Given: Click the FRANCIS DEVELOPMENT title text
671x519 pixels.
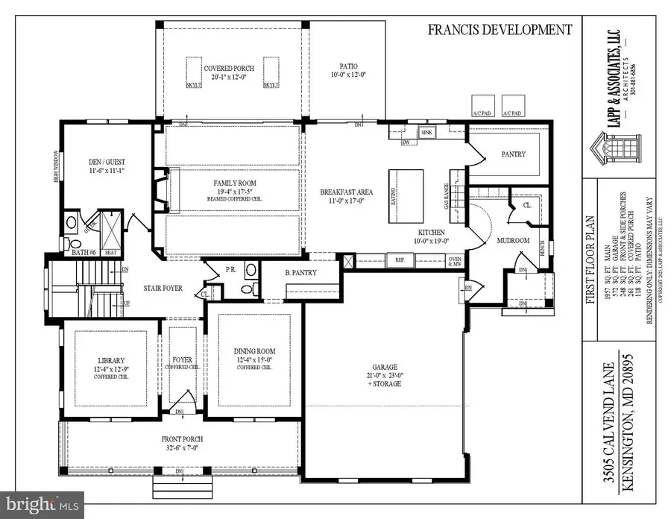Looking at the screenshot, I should click(x=499, y=30).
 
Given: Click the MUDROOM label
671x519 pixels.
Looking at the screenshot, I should click(x=513, y=241).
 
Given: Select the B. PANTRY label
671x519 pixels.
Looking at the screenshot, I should click(x=300, y=273).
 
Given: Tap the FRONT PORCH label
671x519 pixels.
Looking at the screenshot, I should click(x=182, y=439).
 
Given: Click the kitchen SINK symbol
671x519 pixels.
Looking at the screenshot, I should click(x=426, y=133).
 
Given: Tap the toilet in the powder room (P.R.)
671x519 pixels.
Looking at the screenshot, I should click(x=251, y=270).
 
